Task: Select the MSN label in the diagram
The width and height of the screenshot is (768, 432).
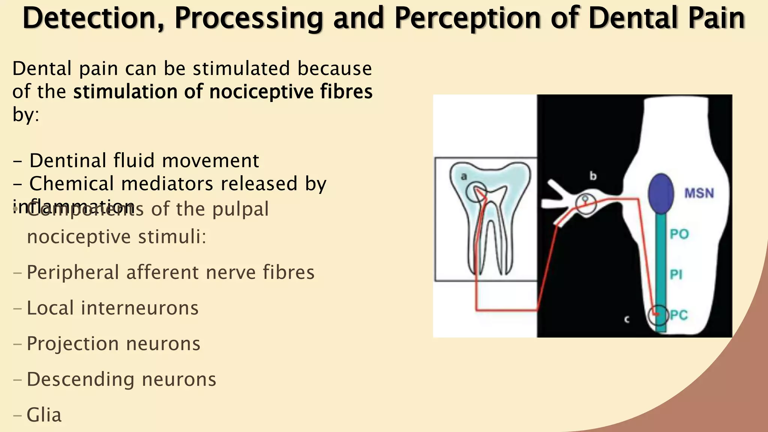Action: click(x=699, y=193)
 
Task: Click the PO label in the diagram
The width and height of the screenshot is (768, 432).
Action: click(x=679, y=234)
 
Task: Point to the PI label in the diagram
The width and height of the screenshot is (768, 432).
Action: click(x=676, y=275)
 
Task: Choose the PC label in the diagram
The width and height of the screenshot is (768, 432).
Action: click(x=679, y=315)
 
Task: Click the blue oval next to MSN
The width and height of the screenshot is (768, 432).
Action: click(x=661, y=193)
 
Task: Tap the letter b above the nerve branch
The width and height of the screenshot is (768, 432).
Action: click(x=593, y=176)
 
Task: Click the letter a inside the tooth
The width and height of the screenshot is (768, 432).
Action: click(x=464, y=176)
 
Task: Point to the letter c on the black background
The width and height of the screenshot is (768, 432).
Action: click(x=627, y=319)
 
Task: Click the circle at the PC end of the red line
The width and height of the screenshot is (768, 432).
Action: click(x=658, y=315)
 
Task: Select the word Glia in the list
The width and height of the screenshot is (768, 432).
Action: click(x=44, y=415)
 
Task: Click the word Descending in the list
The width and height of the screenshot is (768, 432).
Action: click(x=80, y=379)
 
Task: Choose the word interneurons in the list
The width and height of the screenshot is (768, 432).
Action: click(x=139, y=308)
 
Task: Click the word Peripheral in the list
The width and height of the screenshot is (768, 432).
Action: click(x=73, y=273)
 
